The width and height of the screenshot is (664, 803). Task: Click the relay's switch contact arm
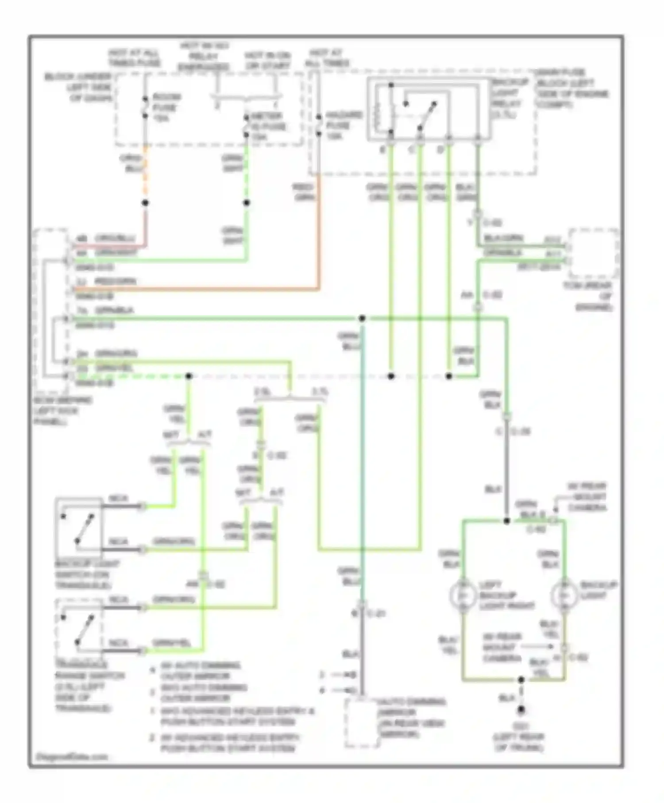point(427,116)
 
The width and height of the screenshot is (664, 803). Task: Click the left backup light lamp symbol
point(462,595)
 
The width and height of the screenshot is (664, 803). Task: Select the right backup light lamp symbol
point(564,595)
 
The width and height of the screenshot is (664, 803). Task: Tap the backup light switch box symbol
point(79,527)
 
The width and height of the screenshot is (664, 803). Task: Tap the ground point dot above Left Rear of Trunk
point(521,710)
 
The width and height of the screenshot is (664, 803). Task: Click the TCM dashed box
point(593,254)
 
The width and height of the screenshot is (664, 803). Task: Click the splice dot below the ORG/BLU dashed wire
point(145,203)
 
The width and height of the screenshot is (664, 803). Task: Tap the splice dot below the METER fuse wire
point(247,203)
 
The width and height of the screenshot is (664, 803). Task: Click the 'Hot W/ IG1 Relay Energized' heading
point(204,56)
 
